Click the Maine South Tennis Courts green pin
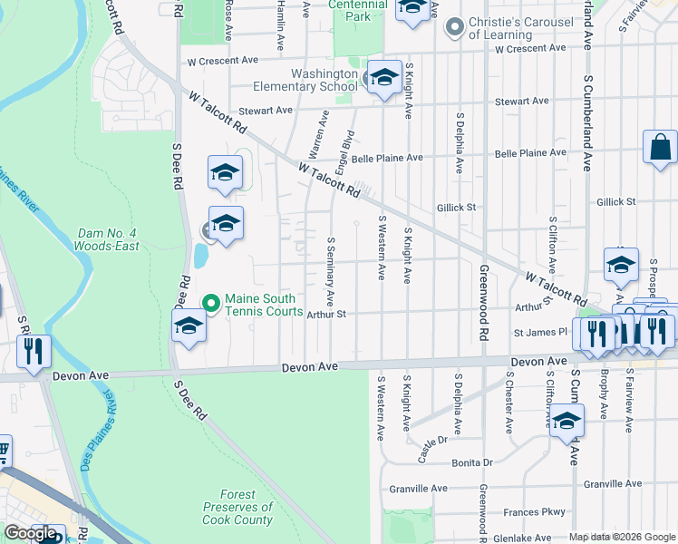coord(210,303)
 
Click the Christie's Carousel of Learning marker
coord(454,28)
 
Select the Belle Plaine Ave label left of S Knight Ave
coord(387,158)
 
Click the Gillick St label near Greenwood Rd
coord(456,207)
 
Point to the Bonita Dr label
coord(471,462)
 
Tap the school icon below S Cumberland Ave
coord(567,422)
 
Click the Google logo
coord(31,533)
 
